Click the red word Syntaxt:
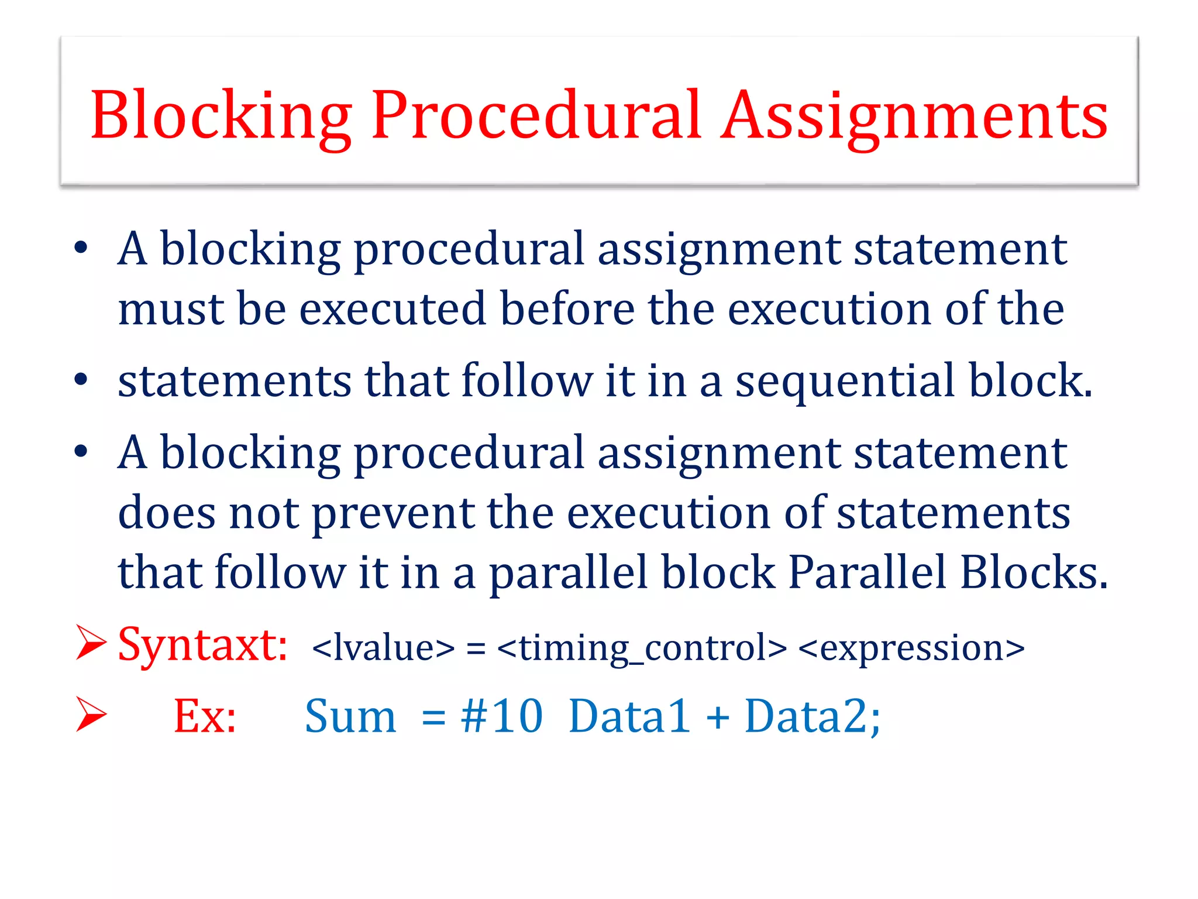[202, 646]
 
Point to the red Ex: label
[205, 716]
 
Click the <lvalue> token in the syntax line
[383, 648]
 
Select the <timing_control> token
[642, 648]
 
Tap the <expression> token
[911, 648]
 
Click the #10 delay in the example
[502, 716]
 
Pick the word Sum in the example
[350, 716]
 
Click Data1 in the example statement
[629, 716]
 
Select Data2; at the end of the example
[812, 716]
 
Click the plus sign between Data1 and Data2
[718, 717]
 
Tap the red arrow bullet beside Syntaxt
[91, 642]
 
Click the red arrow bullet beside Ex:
[91, 715]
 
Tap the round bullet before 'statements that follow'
[81, 380]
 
